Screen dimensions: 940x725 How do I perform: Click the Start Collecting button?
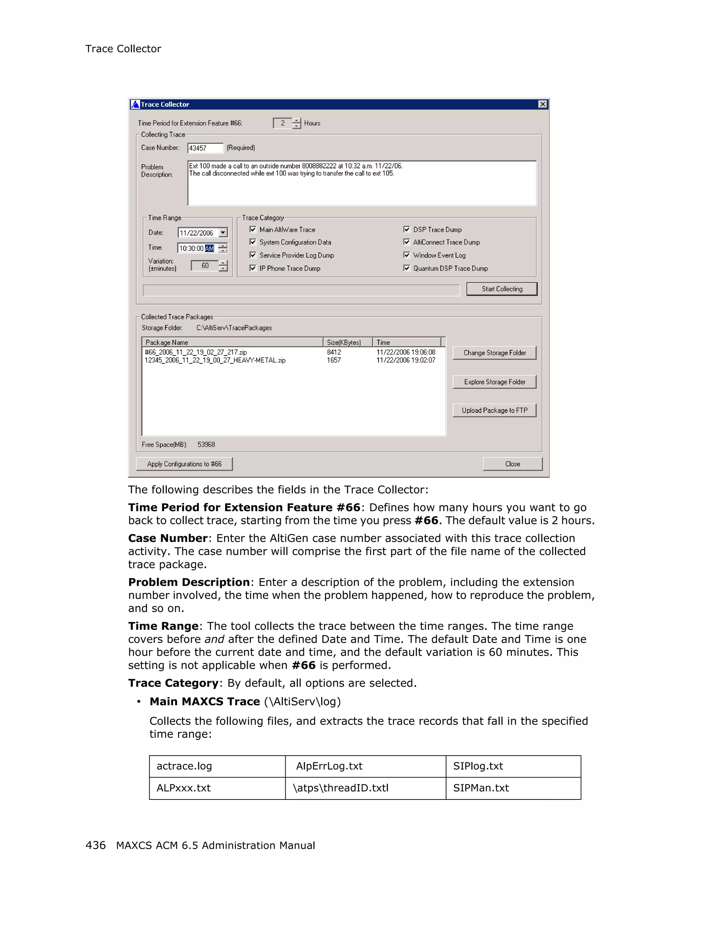[x=502, y=289]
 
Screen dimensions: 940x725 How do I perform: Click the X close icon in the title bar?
[x=543, y=104]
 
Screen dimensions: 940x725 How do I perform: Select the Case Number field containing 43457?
[x=205, y=148]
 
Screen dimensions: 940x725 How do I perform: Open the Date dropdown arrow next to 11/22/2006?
[x=223, y=233]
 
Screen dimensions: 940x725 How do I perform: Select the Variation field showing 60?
[x=205, y=266]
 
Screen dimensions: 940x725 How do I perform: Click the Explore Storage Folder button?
[x=495, y=382]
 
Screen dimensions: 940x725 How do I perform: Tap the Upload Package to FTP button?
[x=495, y=410]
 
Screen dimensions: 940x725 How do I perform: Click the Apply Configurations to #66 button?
[x=184, y=464]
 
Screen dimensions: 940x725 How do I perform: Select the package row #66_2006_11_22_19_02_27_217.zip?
[x=196, y=352]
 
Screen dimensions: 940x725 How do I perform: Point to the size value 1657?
[x=334, y=360]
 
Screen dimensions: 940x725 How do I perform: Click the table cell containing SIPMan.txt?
[x=481, y=788]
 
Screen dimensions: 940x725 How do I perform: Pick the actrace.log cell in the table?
[x=184, y=766]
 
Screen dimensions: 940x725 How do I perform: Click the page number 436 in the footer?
[x=96, y=845]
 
